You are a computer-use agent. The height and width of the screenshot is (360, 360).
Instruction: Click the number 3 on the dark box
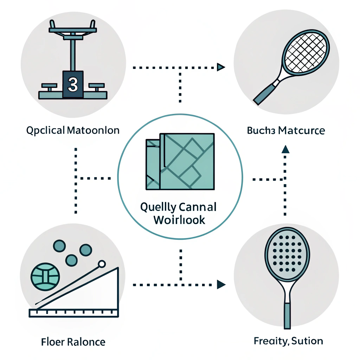point(73,84)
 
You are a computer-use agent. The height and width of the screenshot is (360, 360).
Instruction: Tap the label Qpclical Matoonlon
point(73,131)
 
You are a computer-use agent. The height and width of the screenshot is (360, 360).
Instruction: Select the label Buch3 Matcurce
point(286,131)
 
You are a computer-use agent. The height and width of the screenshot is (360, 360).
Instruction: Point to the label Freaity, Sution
point(288,341)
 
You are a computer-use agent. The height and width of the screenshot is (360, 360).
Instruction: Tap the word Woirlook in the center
point(180,220)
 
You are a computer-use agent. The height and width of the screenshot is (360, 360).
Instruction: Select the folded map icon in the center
point(180,161)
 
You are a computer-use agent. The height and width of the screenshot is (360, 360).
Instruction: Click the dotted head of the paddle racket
point(287,252)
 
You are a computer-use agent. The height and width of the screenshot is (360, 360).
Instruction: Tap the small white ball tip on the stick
point(102,264)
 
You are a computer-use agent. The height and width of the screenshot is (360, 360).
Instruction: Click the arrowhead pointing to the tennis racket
point(221,67)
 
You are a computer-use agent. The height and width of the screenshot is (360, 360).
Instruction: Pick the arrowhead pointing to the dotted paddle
point(221,284)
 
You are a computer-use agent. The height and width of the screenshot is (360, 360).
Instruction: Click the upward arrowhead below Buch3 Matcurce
point(285,149)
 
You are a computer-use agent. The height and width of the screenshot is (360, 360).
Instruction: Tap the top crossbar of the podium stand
point(73,31)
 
